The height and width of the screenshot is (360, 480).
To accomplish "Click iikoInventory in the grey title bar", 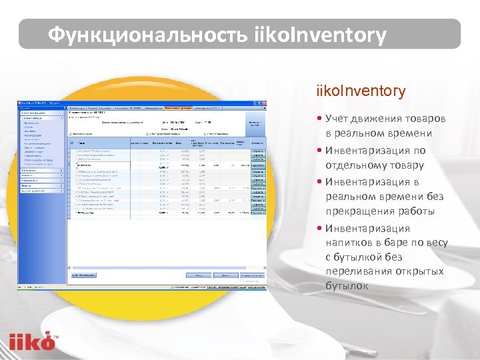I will pyautogui.click(x=320, y=35).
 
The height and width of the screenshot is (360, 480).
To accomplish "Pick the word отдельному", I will pyautogui.click(x=357, y=165).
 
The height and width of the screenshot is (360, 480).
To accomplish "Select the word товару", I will pyautogui.click(x=408, y=165).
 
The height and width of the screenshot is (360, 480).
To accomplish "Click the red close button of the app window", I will pyautogui.click(x=264, y=102).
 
